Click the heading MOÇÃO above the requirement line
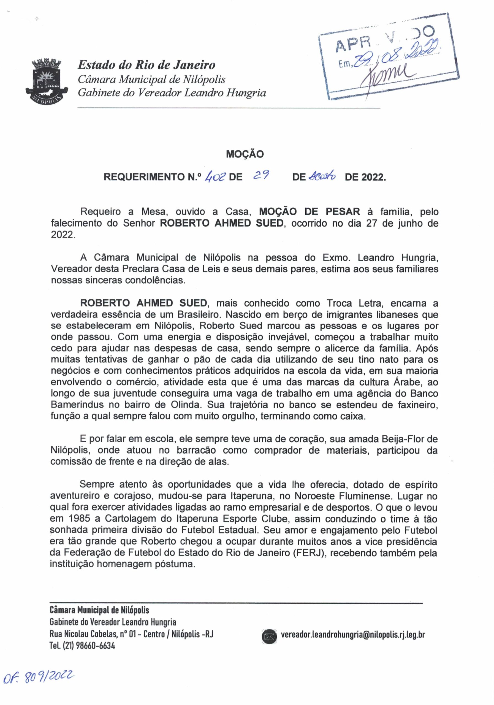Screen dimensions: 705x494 (245, 154)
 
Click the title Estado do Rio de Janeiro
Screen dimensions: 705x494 (146, 65)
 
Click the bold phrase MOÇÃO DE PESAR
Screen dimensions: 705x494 (310, 212)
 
